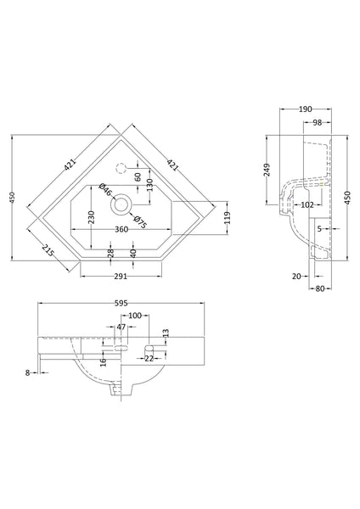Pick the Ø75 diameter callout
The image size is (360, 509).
[142, 224]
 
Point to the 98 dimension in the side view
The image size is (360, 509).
[315, 124]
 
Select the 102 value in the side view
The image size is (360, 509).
[307, 204]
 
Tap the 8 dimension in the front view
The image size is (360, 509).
[28, 372]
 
